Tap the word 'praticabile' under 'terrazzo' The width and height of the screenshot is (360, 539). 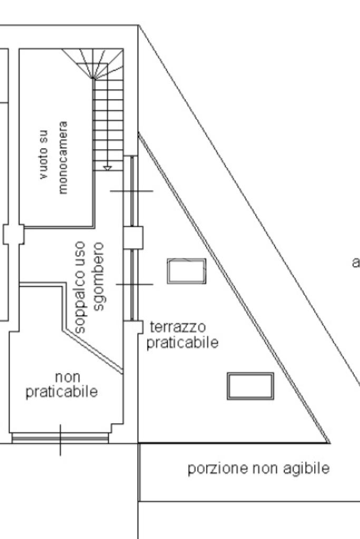(x=182, y=342)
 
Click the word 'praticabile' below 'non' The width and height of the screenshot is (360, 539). (x=62, y=392)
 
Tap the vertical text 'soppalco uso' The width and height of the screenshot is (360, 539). (x=81, y=287)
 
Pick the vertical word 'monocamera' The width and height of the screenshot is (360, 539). (x=63, y=158)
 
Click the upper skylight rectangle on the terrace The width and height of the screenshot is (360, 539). (x=187, y=271)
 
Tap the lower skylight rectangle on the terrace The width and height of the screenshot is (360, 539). (x=250, y=386)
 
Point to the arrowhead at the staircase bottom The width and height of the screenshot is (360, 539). (x=108, y=168)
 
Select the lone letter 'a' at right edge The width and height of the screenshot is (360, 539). (x=356, y=262)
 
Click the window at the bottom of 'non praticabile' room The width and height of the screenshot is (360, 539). (x=60, y=437)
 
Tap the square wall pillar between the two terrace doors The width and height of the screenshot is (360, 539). (x=133, y=238)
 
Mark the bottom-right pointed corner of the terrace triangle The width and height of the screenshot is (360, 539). (x=328, y=442)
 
